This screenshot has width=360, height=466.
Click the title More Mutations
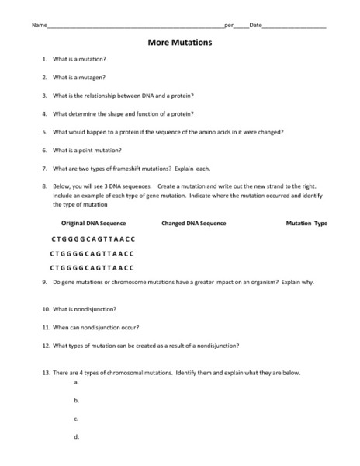coord(180,43)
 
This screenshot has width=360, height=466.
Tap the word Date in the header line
coord(255,26)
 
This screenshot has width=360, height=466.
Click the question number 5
coord(45,132)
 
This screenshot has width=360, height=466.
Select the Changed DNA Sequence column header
coord(193,223)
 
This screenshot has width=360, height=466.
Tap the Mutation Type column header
coord(306,223)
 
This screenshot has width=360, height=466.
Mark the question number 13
coord(46,373)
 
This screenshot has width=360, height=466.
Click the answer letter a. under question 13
coord(76,383)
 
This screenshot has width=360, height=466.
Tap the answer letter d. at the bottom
coord(76,436)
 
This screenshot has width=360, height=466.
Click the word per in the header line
coord(229,26)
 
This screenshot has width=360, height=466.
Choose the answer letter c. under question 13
coord(76,419)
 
